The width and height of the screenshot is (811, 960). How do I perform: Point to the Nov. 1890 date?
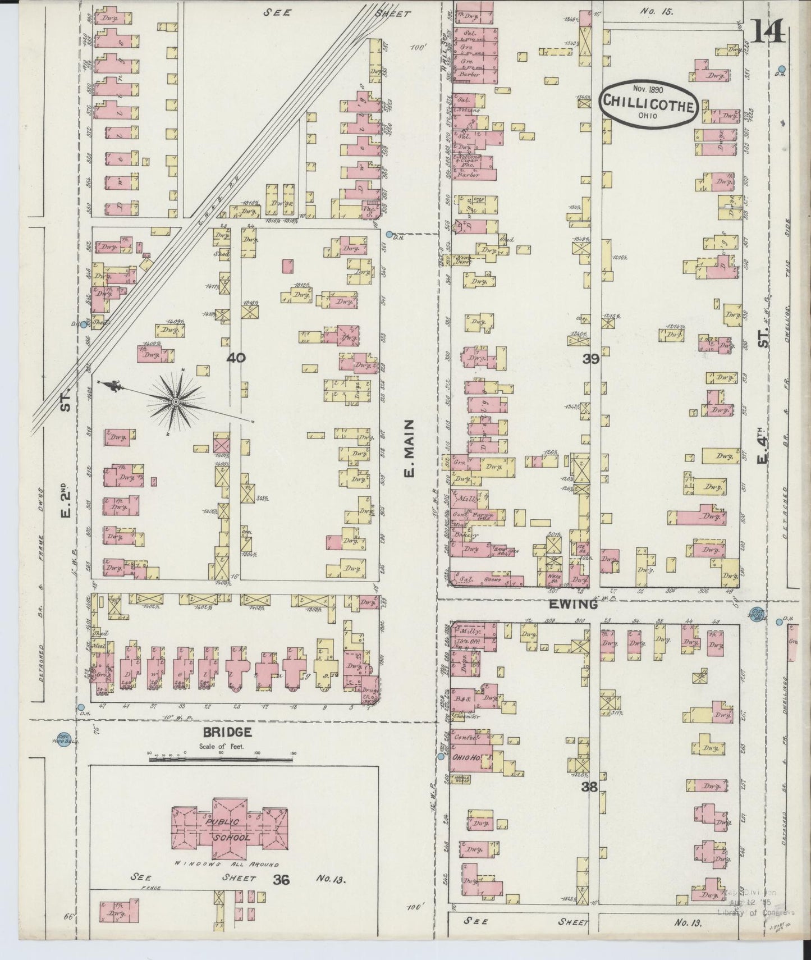click(x=648, y=89)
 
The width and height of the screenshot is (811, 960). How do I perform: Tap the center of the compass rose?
click(x=176, y=402)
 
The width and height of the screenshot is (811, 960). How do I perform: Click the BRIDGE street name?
click(x=227, y=732)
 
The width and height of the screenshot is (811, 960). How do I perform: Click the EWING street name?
click(x=578, y=605)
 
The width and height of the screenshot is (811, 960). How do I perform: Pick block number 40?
click(x=236, y=358)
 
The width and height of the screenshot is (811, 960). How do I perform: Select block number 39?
click(x=591, y=359)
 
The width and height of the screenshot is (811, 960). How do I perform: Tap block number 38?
click(x=589, y=787)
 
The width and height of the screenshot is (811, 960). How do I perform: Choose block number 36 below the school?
click(x=281, y=880)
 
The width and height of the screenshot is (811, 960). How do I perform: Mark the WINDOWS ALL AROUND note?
click(x=226, y=864)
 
